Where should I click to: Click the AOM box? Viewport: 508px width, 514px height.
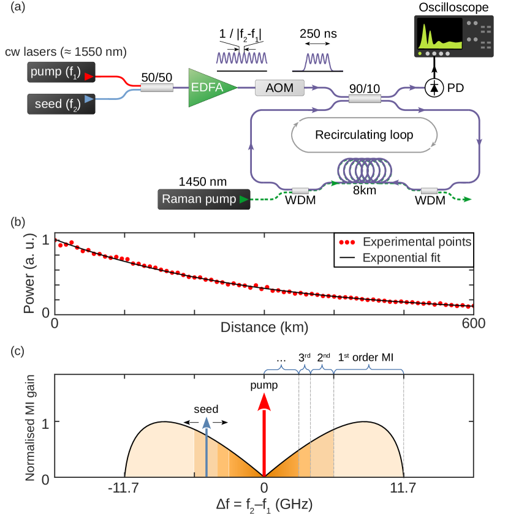(279, 89)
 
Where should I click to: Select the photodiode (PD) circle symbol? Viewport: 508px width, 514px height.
(435, 89)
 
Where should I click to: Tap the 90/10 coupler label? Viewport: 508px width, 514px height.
(365, 88)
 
